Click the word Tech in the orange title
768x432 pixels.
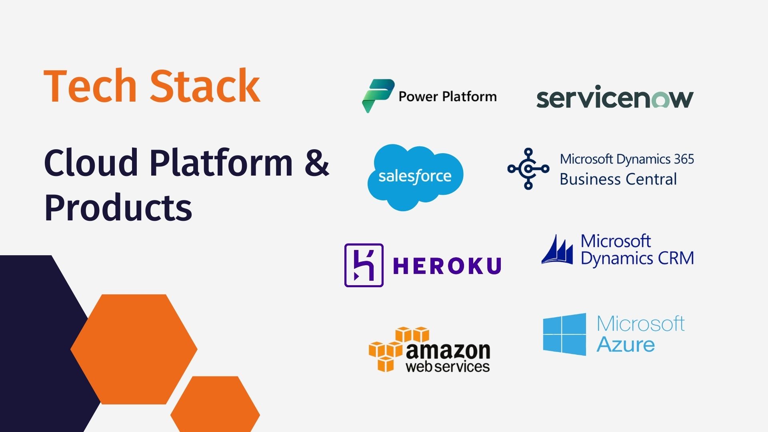(90, 86)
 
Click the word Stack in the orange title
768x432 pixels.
(205, 86)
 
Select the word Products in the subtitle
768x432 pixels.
(118, 208)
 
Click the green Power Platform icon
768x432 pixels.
(378, 96)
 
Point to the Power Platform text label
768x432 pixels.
(448, 97)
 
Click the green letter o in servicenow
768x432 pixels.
(660, 100)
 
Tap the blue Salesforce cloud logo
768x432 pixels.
(415, 177)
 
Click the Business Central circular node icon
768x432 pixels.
(528, 169)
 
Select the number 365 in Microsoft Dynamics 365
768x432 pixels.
(684, 159)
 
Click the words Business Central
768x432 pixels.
(618, 179)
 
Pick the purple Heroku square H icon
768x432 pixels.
(364, 265)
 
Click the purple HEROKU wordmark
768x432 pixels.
(447, 266)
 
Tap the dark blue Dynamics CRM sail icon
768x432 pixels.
(557, 250)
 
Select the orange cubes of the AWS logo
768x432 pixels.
(394, 348)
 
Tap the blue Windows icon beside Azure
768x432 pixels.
(564, 334)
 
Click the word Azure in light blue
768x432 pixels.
(626, 345)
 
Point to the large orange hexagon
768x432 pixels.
(134, 349)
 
